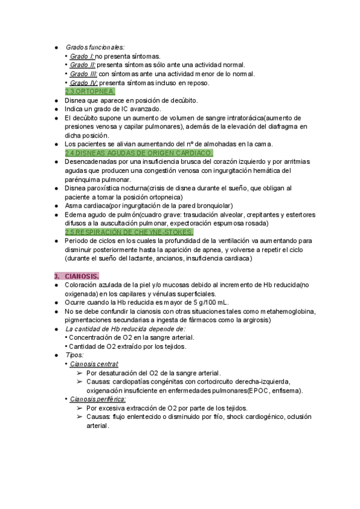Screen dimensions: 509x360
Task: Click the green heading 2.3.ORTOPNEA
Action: [x=90, y=91]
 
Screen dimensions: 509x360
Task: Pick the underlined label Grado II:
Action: [x=83, y=65]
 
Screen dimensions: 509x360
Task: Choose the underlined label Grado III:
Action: [x=83, y=74]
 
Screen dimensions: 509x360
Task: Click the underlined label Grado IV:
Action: [x=84, y=83]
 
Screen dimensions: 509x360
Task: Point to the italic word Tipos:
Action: [x=74, y=355]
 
